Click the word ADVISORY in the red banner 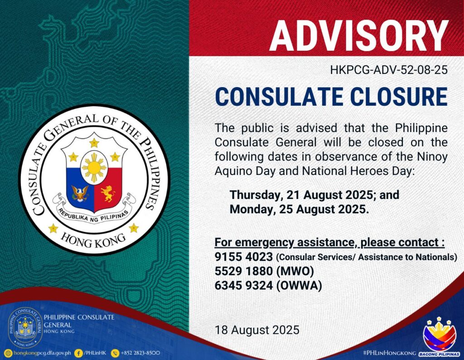pos(359,36)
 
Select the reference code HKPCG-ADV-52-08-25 pos(389,70)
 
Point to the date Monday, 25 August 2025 pos(299,209)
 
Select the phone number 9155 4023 pos(243,257)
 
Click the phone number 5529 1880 pos(243,271)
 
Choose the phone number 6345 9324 pos(243,285)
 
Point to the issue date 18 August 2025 pos(257,330)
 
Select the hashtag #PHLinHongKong pos(389,353)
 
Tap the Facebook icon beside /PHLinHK pos(78,353)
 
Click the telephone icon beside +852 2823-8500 pos(115,353)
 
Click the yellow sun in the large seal pos(94,168)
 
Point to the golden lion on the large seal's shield pos(108,194)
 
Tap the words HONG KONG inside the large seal pos(93,241)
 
